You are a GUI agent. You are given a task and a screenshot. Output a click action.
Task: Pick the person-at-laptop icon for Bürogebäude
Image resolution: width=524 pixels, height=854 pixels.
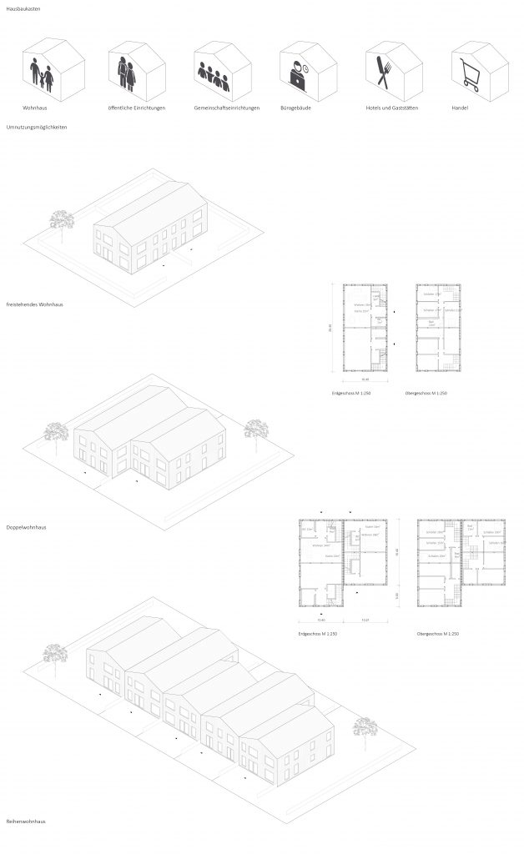pos(296,76)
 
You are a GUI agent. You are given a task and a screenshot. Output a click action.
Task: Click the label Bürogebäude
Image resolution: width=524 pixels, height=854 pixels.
pos(295,109)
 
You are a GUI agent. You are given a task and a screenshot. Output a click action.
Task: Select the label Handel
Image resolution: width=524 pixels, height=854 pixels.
pos(460,109)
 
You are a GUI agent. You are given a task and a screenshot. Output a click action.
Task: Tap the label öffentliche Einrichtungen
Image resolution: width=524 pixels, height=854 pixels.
pos(137,109)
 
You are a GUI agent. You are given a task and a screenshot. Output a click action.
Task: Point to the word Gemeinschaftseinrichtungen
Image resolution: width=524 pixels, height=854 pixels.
pos(226,109)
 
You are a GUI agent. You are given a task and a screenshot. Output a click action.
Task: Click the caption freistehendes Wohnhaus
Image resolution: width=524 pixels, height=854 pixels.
pos(34,304)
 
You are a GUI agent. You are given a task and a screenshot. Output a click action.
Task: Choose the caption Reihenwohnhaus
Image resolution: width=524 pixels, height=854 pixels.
pos(25,821)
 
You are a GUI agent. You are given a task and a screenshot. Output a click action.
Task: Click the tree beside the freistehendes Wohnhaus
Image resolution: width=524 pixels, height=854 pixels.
pos(63,220)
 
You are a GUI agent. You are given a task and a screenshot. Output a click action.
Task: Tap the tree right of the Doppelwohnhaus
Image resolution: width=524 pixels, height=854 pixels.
pos(254,430)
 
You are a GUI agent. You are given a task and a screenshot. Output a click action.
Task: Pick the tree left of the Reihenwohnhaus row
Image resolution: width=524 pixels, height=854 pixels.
pos(54,651)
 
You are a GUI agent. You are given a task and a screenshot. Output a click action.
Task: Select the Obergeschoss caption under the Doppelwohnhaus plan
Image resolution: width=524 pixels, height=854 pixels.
pos(439,635)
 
